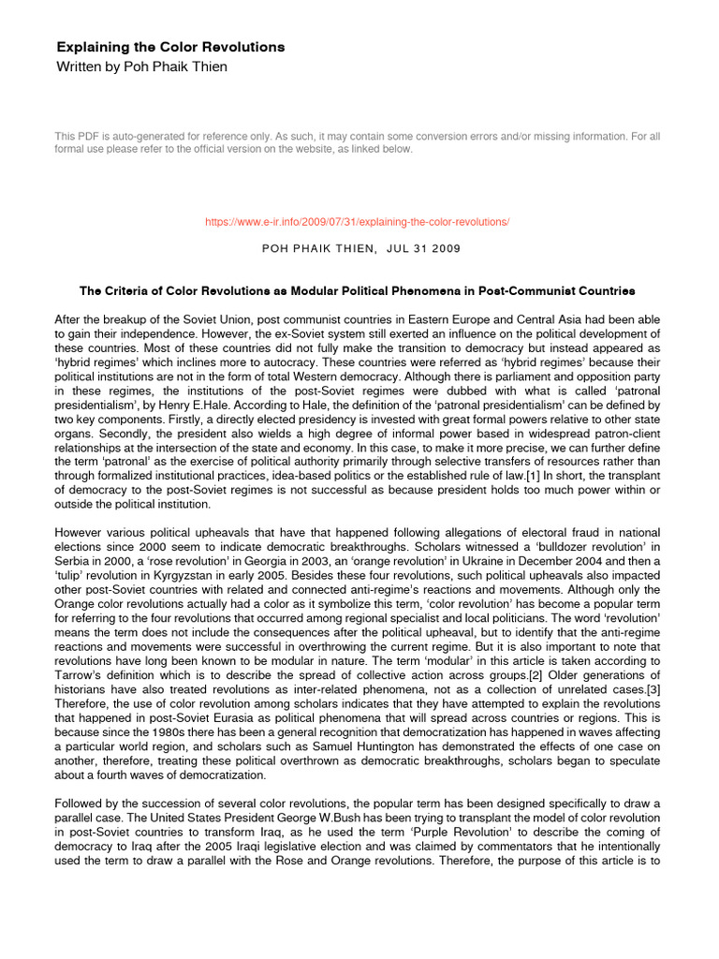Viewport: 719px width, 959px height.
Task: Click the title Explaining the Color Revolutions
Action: tap(170, 47)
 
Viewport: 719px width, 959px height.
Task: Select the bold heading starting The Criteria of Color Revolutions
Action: tap(359, 291)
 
